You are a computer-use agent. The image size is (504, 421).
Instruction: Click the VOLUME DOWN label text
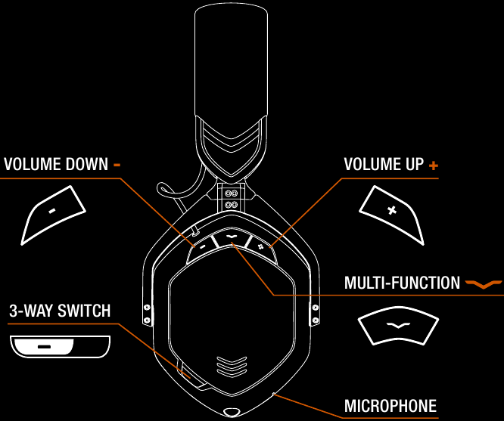point(56,164)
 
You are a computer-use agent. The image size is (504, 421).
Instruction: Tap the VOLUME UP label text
point(384,164)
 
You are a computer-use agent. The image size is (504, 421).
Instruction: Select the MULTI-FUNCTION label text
point(402,283)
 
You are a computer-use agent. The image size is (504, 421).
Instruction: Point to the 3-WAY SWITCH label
point(60,311)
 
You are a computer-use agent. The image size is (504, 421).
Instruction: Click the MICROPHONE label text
point(390,406)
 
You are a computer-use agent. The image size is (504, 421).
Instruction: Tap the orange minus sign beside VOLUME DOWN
point(117,165)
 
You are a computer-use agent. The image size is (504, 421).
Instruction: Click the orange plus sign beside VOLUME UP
point(434,166)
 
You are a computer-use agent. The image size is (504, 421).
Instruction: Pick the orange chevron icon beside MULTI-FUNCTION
point(484,284)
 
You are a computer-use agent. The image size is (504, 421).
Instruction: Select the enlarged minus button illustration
point(53,215)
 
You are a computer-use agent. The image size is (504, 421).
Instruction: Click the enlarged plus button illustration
point(391,215)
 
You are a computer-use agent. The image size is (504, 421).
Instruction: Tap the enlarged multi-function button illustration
point(398,326)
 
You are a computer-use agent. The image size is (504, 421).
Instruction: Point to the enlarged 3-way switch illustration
point(60,346)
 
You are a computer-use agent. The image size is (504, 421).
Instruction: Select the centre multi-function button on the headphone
point(232,239)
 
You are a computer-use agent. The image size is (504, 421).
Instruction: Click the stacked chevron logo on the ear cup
point(232,366)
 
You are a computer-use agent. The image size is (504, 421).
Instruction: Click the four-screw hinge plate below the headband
point(231,199)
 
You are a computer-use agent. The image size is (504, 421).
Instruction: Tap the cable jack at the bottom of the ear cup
point(232,413)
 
